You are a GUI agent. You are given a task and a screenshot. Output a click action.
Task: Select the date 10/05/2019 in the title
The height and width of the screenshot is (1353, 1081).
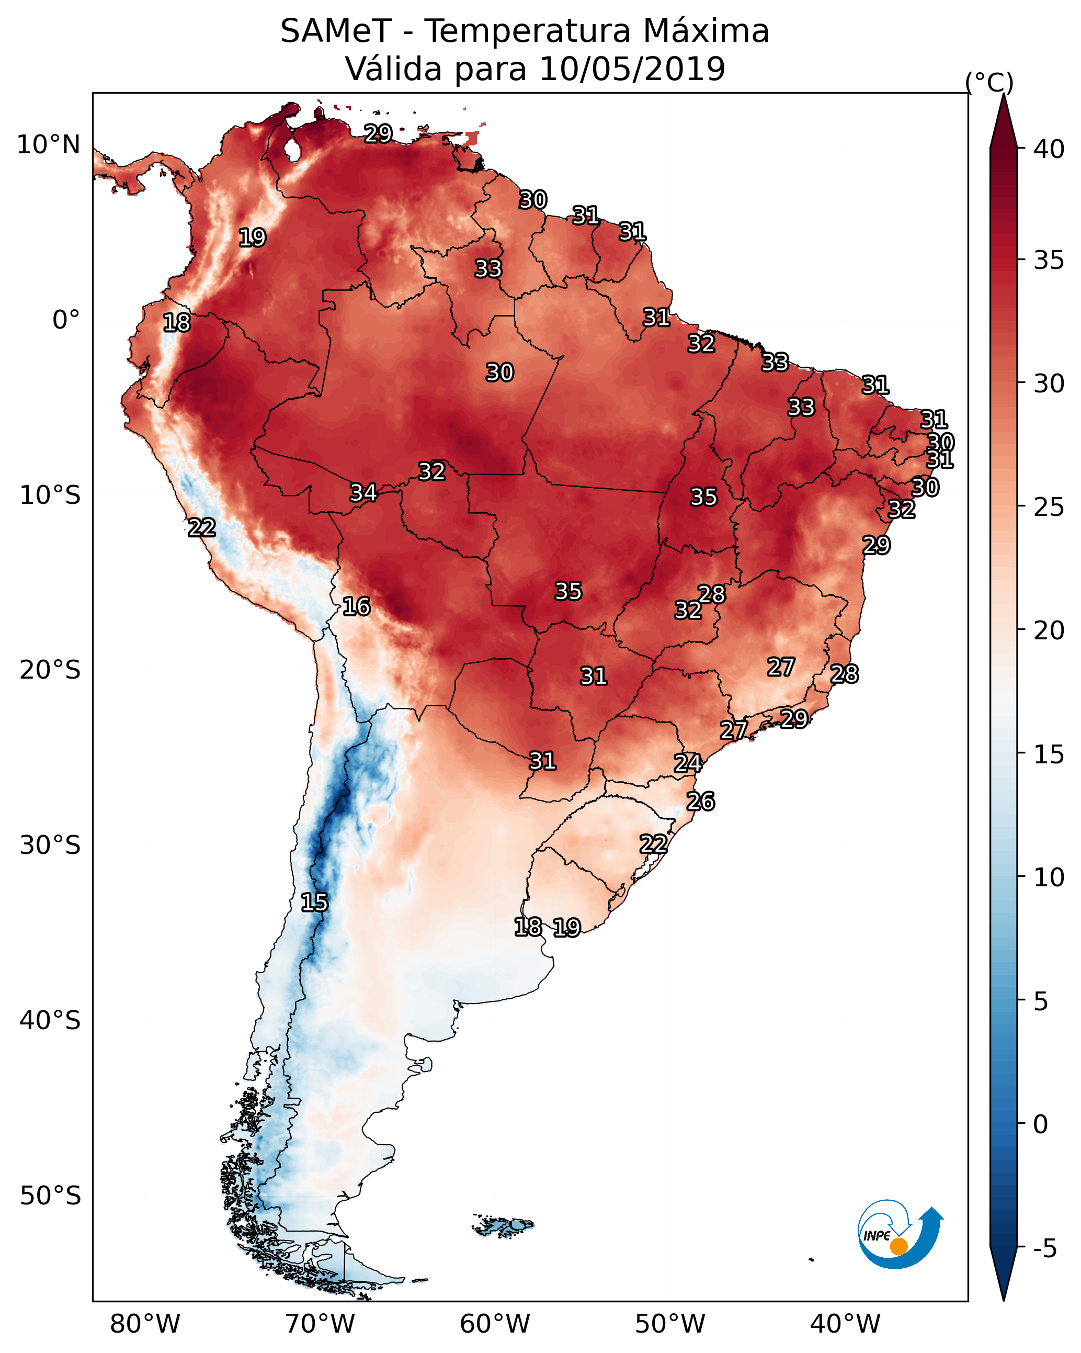632,69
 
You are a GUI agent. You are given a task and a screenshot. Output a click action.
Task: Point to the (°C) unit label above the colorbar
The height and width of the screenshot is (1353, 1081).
989,82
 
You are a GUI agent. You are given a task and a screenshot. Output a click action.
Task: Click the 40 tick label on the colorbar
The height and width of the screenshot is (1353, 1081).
1049,149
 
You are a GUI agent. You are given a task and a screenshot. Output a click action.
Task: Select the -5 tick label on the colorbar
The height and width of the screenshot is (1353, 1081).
1045,1248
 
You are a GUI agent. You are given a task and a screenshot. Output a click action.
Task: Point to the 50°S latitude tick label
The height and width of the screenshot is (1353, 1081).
50,1196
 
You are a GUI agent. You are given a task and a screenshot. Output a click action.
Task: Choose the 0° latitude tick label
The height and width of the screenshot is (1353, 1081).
66,320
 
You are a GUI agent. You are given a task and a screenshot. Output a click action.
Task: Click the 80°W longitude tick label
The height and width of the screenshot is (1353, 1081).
145,1324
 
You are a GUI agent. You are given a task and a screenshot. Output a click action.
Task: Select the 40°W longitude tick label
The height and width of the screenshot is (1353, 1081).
845,1324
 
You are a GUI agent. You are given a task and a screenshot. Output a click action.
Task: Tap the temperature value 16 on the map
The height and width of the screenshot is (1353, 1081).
356,607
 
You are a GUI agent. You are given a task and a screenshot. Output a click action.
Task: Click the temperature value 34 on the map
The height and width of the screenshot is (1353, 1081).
363,493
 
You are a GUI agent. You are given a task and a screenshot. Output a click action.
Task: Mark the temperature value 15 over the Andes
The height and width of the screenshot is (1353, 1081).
314,903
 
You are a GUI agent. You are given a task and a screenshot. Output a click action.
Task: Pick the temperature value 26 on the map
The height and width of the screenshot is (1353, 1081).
700,802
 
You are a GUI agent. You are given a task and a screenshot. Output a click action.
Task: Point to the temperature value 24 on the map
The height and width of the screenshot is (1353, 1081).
688,763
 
